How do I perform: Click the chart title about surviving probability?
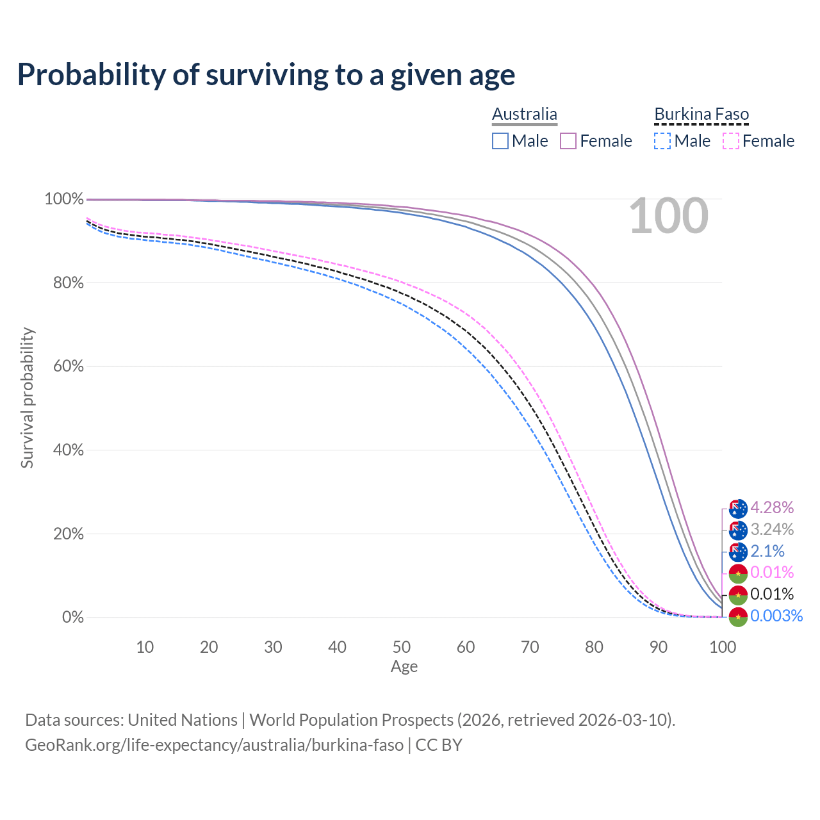(266, 75)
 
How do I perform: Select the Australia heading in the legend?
(525, 114)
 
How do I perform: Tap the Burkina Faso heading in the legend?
(701, 114)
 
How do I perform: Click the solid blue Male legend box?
(500, 141)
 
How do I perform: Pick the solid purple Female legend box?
(569, 141)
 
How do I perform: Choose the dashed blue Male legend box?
(662, 141)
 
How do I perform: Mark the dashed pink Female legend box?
(731, 141)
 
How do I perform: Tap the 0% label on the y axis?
(72, 618)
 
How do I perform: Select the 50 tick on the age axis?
(402, 647)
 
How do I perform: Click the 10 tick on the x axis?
(145, 647)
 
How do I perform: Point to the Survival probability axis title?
(27, 398)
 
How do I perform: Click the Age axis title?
(404, 667)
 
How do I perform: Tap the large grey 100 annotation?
(668, 217)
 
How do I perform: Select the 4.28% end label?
(772, 508)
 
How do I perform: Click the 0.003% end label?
(776, 616)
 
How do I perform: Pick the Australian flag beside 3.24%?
(738, 530)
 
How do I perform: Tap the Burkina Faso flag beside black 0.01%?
(738, 595)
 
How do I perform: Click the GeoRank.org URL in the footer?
(214, 745)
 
